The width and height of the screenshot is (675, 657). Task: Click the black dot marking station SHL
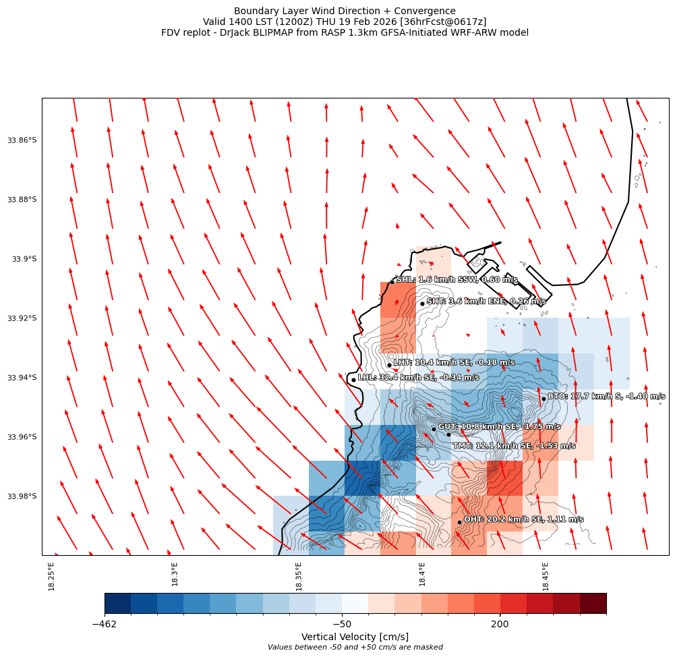click(x=392, y=282)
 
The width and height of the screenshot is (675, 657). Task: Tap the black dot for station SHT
click(x=422, y=304)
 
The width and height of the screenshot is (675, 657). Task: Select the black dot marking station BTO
click(x=544, y=399)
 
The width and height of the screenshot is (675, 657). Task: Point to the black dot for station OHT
click(x=459, y=522)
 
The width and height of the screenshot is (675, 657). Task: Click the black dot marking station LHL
click(x=353, y=380)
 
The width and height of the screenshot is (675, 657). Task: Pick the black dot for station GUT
click(x=434, y=429)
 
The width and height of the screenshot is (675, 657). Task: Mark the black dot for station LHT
click(x=389, y=365)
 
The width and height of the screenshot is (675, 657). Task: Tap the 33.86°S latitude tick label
click(x=23, y=140)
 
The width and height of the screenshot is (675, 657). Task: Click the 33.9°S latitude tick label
click(x=26, y=259)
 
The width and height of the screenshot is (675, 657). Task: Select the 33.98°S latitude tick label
click(x=23, y=496)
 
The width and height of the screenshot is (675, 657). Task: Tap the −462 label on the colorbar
click(x=105, y=624)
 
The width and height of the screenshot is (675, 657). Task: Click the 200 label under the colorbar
click(x=500, y=624)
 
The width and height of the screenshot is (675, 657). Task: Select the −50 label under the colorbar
click(x=342, y=624)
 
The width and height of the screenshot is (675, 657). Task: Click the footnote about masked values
click(x=355, y=648)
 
